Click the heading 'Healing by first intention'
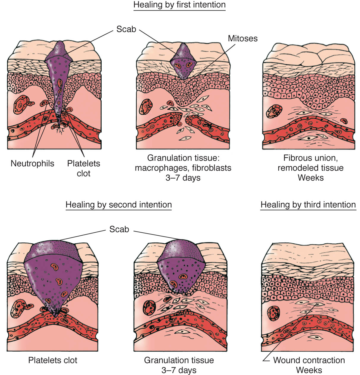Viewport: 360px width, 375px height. (180, 5)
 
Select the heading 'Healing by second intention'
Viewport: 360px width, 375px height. (119, 205)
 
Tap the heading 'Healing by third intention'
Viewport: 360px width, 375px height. (308, 205)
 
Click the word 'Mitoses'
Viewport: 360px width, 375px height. (243, 39)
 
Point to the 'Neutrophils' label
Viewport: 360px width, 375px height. (32, 163)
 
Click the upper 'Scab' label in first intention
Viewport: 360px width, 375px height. (126, 29)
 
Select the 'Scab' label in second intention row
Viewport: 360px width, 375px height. (119, 229)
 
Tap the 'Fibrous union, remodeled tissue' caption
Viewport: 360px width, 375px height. (311, 163)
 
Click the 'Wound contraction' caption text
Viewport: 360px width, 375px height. (309, 360)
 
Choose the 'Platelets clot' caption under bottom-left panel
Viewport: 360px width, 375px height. (53, 360)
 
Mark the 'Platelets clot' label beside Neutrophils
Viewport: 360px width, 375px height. (84, 168)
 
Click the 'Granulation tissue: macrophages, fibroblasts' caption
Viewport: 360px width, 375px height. (183, 163)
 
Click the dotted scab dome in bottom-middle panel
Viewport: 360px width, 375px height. (181, 250)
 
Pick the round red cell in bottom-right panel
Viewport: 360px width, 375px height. (273, 313)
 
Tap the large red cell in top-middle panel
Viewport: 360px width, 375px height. (146, 107)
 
